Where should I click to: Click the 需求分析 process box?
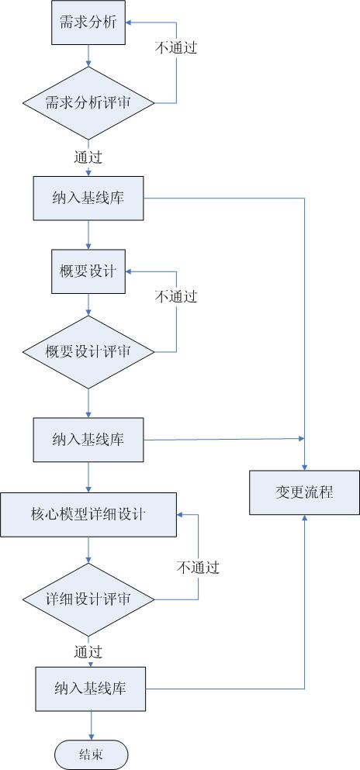click(x=88, y=23)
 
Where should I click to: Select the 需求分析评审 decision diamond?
click(x=88, y=103)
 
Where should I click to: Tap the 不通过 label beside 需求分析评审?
click(x=176, y=47)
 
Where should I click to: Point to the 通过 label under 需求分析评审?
click(x=88, y=157)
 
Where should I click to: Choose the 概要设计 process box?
click(x=88, y=271)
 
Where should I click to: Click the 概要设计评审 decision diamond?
click(x=88, y=352)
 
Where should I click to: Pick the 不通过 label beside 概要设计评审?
click(x=176, y=296)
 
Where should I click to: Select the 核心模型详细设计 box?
click(x=88, y=515)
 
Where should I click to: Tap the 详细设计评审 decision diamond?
click(x=88, y=599)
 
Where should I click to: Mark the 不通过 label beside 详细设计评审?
click(x=198, y=568)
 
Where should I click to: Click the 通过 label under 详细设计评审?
click(x=88, y=651)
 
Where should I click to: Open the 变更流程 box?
click(x=304, y=492)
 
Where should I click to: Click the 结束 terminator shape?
click(x=92, y=754)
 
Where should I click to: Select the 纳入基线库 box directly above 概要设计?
click(x=88, y=198)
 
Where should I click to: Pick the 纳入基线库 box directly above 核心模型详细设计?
click(x=88, y=440)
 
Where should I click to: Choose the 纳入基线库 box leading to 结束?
click(x=90, y=689)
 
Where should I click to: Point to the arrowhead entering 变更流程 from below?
click(x=304, y=517)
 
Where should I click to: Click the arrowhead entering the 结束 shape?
click(x=91, y=737)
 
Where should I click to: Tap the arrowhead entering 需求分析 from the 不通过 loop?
click(x=129, y=23)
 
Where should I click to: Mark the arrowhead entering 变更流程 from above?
click(x=304, y=468)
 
